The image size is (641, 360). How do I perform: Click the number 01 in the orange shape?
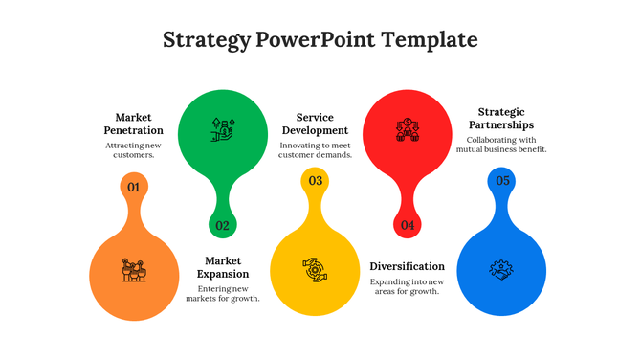[x=134, y=187]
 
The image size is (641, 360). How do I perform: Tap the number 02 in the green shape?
[x=223, y=226]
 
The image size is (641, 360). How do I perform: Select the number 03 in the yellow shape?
[x=315, y=181]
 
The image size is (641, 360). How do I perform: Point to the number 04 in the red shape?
[x=408, y=226]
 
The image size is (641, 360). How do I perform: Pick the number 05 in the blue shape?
[x=502, y=181]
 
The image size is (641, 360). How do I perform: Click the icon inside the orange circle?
[x=134, y=270]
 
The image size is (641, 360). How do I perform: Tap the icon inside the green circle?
[x=223, y=129]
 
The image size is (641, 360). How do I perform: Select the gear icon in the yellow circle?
[x=315, y=269]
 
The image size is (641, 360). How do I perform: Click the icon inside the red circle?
[x=409, y=129]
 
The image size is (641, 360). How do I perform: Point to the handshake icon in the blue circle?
[x=502, y=269]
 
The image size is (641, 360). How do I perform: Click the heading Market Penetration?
[x=133, y=124]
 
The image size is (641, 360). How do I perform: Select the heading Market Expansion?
[x=223, y=266]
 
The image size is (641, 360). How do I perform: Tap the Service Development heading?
[x=315, y=124]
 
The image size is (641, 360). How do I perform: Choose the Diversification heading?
[x=407, y=266]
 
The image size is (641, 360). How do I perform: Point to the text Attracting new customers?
[x=133, y=149]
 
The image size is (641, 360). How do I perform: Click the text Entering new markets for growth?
[x=223, y=293]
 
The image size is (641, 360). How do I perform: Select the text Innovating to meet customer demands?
[x=315, y=149]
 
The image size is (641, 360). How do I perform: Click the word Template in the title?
[x=430, y=40]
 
